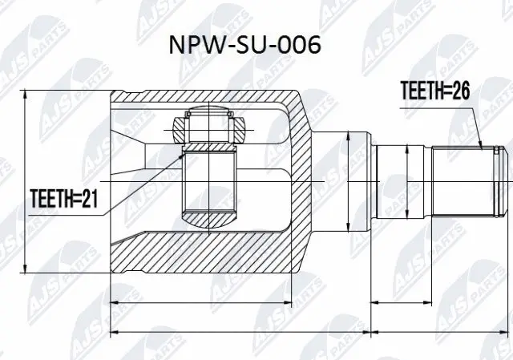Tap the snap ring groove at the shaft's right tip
[500, 180]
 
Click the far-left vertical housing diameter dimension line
[29, 180]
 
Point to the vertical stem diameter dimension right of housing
[348, 180]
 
